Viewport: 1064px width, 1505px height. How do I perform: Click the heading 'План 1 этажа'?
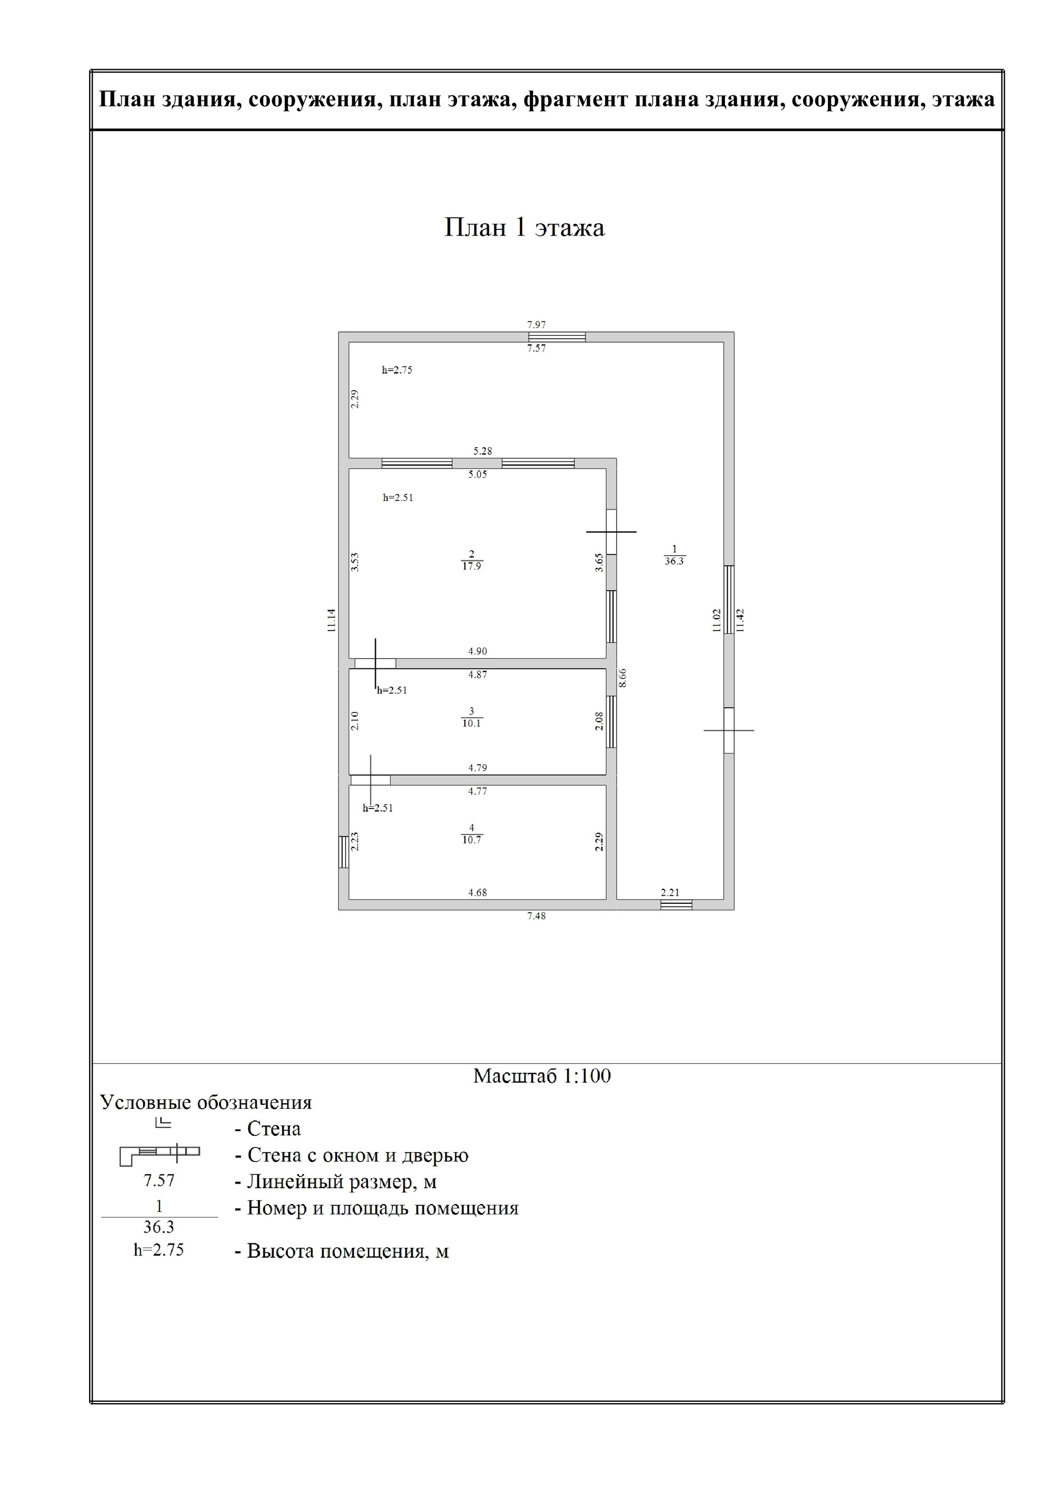(524, 227)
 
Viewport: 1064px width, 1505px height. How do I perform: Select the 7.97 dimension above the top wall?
(536, 325)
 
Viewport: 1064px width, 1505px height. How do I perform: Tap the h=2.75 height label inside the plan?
(397, 370)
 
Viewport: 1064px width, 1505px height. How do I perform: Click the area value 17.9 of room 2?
(472, 566)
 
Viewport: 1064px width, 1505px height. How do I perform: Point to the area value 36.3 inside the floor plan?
(674, 562)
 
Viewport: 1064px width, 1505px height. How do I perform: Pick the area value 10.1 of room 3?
(472, 724)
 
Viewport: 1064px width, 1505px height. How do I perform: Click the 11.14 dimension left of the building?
(332, 620)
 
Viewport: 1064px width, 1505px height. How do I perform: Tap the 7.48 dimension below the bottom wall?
(536, 917)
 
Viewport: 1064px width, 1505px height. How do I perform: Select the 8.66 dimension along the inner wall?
(623, 678)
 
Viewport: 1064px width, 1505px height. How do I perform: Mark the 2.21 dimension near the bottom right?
(670, 893)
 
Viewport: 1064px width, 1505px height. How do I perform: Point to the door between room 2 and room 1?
(611, 531)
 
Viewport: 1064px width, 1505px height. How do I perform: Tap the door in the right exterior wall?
(728, 730)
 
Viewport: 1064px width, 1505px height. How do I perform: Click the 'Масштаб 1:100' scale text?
(541, 1076)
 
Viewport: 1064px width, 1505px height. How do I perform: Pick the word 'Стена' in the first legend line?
(274, 1129)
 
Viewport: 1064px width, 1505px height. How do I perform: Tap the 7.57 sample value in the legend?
(159, 1180)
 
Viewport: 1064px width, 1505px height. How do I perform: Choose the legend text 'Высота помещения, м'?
(347, 1251)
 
